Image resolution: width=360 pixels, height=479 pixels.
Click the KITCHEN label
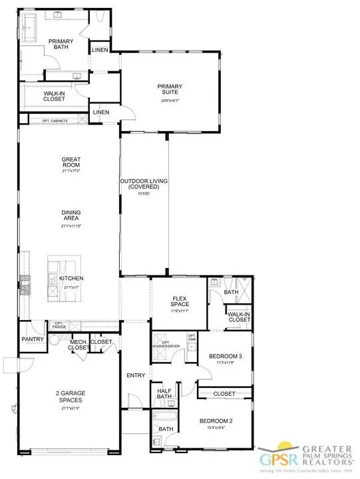pos(71,279)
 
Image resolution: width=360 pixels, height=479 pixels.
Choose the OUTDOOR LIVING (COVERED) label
pos(144,184)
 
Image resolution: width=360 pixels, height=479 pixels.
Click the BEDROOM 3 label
pos(225,357)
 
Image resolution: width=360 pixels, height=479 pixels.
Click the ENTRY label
pos(136,376)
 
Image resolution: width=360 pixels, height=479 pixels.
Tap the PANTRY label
pos(32,339)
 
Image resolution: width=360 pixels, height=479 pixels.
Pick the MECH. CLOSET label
pos(79,345)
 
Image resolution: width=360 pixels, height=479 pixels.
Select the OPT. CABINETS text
pos(56,120)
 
